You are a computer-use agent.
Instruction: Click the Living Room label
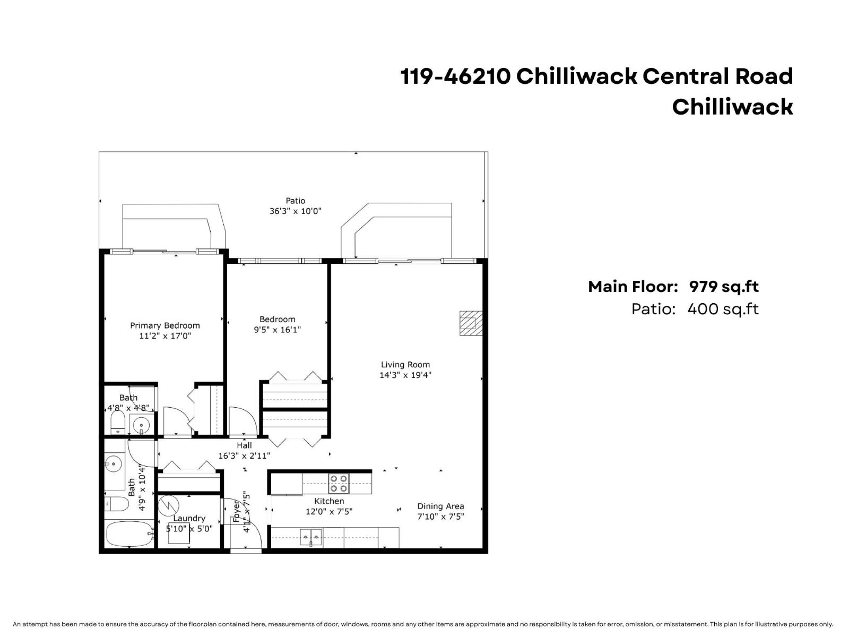point(405,365)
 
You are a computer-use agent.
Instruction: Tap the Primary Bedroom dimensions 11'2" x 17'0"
point(165,336)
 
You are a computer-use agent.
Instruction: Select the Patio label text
point(296,201)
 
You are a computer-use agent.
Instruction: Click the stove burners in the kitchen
point(339,483)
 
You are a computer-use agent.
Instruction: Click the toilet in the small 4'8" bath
point(117,423)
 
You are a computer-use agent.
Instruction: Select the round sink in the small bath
point(141,424)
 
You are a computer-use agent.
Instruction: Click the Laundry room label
point(189,518)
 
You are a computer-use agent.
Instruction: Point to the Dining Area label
point(440,506)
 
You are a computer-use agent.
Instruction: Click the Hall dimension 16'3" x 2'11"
point(244,455)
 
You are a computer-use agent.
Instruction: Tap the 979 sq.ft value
point(724,287)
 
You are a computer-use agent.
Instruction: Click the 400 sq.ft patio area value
point(723,309)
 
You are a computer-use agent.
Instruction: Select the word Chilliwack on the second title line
point(732,107)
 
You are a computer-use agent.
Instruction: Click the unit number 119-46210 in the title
point(455,76)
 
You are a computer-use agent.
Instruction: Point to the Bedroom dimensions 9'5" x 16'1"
point(277,330)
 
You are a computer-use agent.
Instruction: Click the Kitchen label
point(329,501)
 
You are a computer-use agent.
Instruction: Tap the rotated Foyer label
point(237,511)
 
